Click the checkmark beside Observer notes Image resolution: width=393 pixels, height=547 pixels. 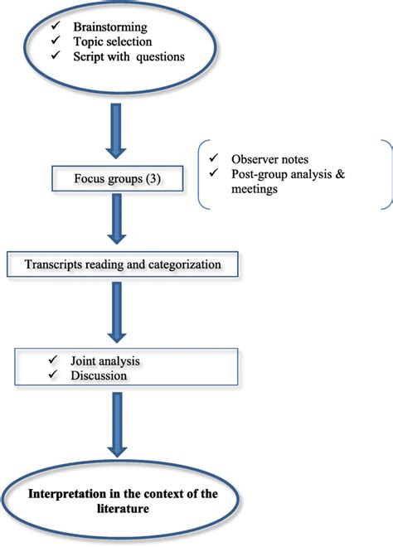tap(214, 157)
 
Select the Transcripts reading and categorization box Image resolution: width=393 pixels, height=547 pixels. tap(122, 265)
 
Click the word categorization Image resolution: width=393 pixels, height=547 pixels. tap(192, 265)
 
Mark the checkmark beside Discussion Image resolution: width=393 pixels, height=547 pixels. tap(53, 375)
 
